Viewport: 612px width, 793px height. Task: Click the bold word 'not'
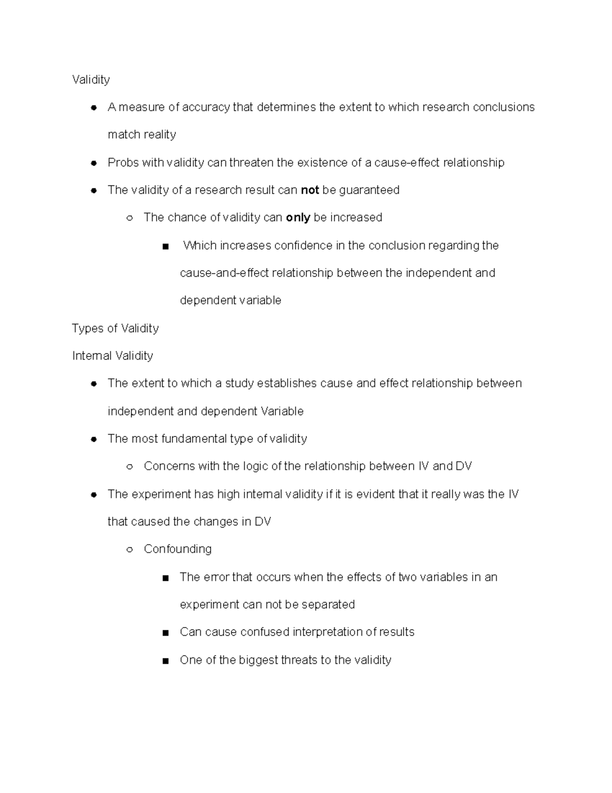(x=310, y=190)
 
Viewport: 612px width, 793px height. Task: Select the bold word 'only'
(x=298, y=218)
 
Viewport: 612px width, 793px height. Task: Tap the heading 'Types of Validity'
(x=115, y=328)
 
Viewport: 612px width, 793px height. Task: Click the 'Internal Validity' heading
(x=113, y=356)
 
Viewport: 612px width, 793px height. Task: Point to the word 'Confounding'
(x=177, y=549)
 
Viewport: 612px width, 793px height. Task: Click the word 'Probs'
(x=123, y=163)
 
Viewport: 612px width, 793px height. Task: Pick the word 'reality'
(x=160, y=135)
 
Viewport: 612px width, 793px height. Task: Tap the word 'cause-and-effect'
(x=224, y=273)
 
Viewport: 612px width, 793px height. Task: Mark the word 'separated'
(x=328, y=605)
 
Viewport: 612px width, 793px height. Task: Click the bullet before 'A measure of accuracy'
(x=94, y=108)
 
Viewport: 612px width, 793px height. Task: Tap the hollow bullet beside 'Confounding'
(x=130, y=550)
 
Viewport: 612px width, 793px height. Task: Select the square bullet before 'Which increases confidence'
(x=165, y=247)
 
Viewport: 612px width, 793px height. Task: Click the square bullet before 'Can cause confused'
(x=165, y=633)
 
